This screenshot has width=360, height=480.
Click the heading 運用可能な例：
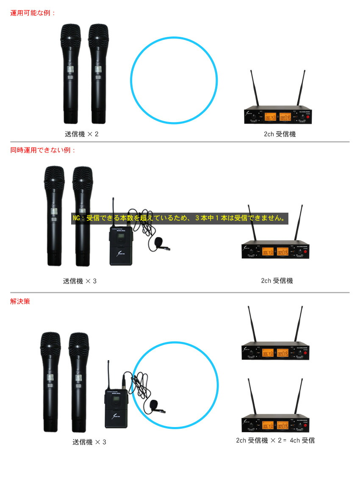click(x=33, y=13)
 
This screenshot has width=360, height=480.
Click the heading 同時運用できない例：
click(x=43, y=150)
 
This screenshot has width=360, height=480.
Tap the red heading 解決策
click(x=20, y=302)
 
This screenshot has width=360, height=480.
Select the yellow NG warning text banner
click(x=180, y=219)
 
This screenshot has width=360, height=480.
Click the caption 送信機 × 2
click(x=81, y=134)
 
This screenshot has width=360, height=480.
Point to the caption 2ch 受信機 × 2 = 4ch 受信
click(x=275, y=441)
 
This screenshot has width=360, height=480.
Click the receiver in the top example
click(x=278, y=114)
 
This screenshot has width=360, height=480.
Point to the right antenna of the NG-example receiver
click(x=300, y=224)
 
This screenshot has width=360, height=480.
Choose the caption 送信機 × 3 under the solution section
click(x=89, y=442)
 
